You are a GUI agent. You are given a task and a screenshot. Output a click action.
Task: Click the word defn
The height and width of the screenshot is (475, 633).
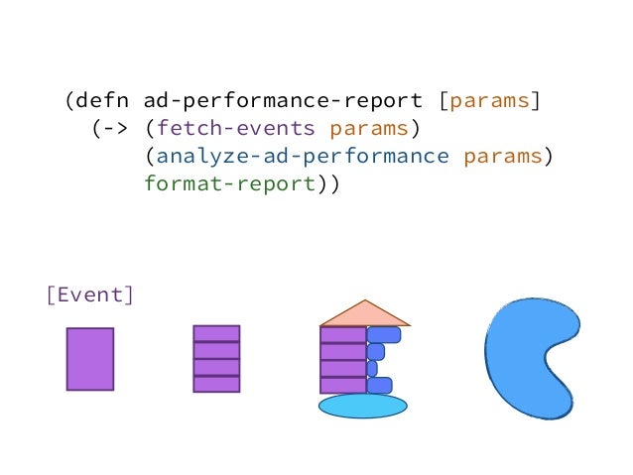tap(103, 100)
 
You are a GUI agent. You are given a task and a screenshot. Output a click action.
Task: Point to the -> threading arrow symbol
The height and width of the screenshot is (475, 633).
tap(110, 128)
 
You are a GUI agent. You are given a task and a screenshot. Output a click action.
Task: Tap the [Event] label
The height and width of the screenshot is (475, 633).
tap(89, 295)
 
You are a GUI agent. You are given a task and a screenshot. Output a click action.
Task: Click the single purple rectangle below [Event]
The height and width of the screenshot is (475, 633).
tap(90, 358)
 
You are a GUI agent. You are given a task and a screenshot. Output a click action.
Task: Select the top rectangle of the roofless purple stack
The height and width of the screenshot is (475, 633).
tap(216, 333)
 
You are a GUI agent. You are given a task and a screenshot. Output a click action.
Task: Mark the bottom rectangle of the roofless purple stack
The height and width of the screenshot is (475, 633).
tap(216, 383)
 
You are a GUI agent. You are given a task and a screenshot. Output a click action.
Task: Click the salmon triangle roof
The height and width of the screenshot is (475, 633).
tap(365, 314)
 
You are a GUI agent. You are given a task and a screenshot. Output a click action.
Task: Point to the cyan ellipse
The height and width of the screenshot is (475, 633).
tap(362, 406)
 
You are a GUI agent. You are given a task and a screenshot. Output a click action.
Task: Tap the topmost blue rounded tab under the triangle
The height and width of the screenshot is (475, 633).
tap(384, 335)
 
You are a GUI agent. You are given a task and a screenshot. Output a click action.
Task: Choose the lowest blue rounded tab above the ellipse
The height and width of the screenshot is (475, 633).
tap(379, 385)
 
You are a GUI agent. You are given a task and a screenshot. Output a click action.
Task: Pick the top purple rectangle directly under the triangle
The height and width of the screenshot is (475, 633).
tap(343, 335)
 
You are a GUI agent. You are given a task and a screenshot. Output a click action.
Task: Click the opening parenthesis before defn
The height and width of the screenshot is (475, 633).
tap(69, 100)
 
